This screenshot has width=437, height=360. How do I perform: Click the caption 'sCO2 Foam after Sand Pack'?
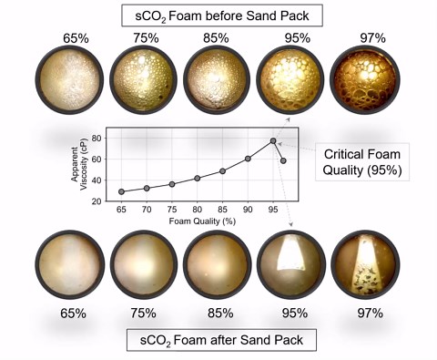tap(218, 342)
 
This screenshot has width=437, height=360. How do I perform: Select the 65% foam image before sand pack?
tap(72, 81)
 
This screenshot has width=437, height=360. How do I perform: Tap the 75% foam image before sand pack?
tap(145, 81)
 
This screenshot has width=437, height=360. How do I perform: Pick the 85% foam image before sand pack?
tap(217, 81)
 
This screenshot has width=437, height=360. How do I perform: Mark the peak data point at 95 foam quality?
tap(273, 141)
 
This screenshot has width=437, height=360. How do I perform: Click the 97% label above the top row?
tap(363, 39)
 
